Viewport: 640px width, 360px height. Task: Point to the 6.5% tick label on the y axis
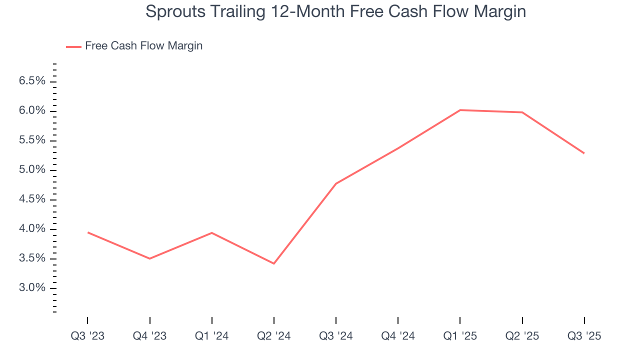click(x=32, y=81)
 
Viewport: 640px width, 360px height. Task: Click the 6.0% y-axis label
click(x=32, y=110)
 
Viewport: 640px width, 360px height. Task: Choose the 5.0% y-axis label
click(x=32, y=170)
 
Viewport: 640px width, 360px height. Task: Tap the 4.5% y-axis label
click(x=32, y=199)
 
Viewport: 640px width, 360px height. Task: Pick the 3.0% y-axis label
click(x=32, y=288)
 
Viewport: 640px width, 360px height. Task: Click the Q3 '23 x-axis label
click(x=87, y=336)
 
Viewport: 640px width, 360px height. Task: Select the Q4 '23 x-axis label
click(x=149, y=336)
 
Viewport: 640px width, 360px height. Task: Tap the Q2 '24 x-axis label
click(x=274, y=336)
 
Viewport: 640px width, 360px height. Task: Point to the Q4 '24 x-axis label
click(x=398, y=336)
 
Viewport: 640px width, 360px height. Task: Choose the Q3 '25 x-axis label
click(x=584, y=336)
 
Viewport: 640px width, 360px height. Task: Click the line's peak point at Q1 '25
click(x=460, y=110)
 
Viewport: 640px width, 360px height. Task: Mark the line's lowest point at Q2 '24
click(x=274, y=263)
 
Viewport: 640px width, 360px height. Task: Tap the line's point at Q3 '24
click(x=336, y=183)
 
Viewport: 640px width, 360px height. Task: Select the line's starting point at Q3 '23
click(x=87, y=232)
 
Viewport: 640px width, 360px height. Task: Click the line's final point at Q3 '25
click(x=584, y=153)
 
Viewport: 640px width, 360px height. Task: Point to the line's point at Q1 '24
click(x=212, y=232)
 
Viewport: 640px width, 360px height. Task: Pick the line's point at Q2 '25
click(x=522, y=112)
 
